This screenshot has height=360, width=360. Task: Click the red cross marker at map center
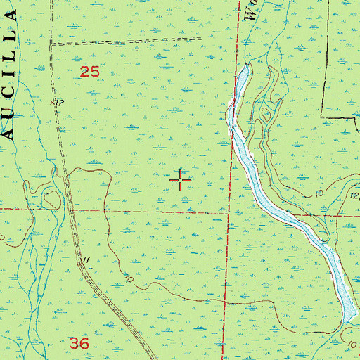(x=181, y=181)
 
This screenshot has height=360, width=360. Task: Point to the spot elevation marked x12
(x=58, y=103)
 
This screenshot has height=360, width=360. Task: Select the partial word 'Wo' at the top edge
(x=250, y=11)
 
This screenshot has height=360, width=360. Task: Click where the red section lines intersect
(x=229, y=212)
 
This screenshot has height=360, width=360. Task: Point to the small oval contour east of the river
(x=266, y=112)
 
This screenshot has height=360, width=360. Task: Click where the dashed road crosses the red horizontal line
(x=70, y=210)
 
